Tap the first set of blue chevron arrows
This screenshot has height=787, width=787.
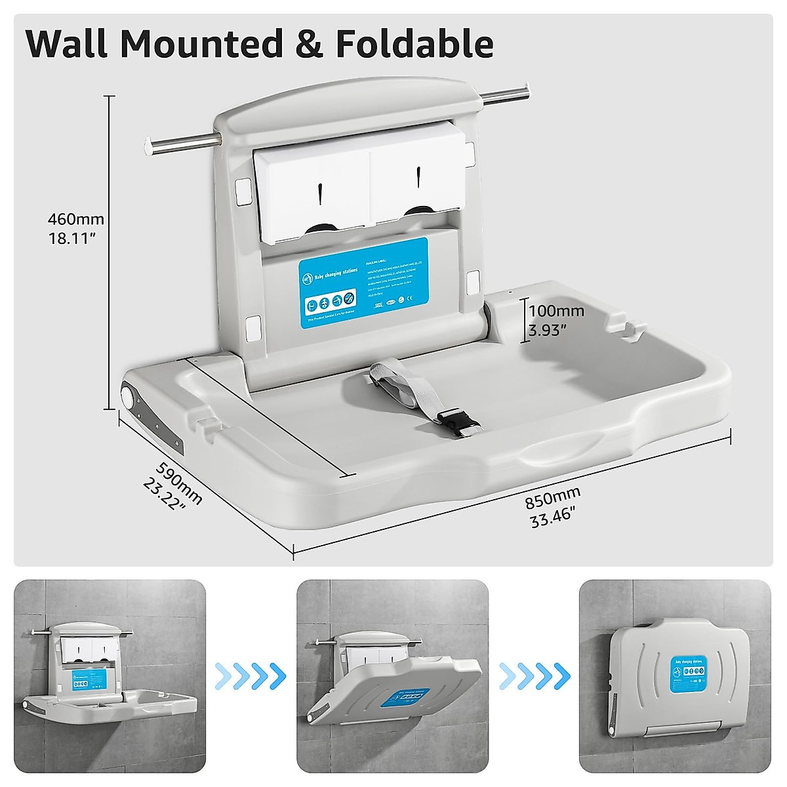pos(251,672)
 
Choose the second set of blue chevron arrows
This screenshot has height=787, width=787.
pos(533,672)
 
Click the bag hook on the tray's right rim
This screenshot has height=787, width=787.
pos(626,328)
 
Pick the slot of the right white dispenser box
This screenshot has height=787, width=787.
pos(418,176)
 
